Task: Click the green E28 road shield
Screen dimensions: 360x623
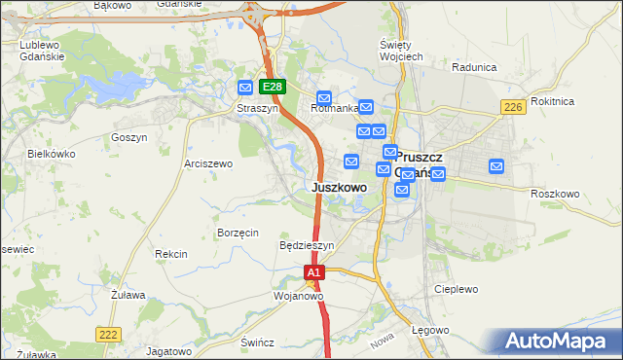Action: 273,87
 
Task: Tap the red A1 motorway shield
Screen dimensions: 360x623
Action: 313,273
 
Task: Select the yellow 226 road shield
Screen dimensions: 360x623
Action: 515,107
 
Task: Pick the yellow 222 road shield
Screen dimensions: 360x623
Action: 109,334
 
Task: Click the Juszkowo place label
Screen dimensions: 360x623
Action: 339,187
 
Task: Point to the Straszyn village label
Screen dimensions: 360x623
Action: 258,109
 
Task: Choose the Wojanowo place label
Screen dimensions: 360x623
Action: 298,295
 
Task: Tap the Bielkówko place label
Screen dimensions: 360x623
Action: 52,154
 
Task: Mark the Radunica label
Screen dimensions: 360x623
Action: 475,67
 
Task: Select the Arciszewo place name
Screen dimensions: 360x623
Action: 208,163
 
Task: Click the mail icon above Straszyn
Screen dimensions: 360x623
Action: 245,88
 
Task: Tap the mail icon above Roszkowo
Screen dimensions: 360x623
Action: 497,166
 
